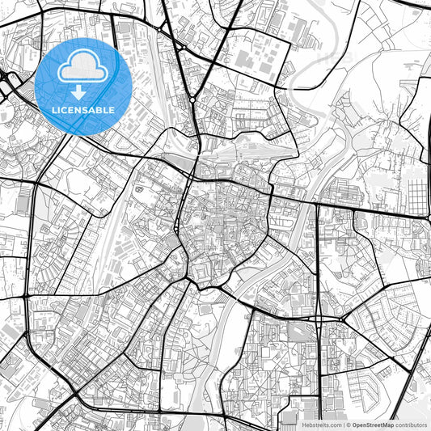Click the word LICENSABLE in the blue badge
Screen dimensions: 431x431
(83, 110)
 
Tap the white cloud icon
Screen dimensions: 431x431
(83, 70)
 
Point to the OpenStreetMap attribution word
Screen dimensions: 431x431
(371, 424)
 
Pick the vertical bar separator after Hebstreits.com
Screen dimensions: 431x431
(344, 424)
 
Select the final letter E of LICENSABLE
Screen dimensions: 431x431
(112, 110)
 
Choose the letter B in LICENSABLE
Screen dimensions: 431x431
(99, 110)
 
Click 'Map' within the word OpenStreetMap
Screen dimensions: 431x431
(387, 424)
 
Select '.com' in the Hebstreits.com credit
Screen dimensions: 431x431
(335, 424)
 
